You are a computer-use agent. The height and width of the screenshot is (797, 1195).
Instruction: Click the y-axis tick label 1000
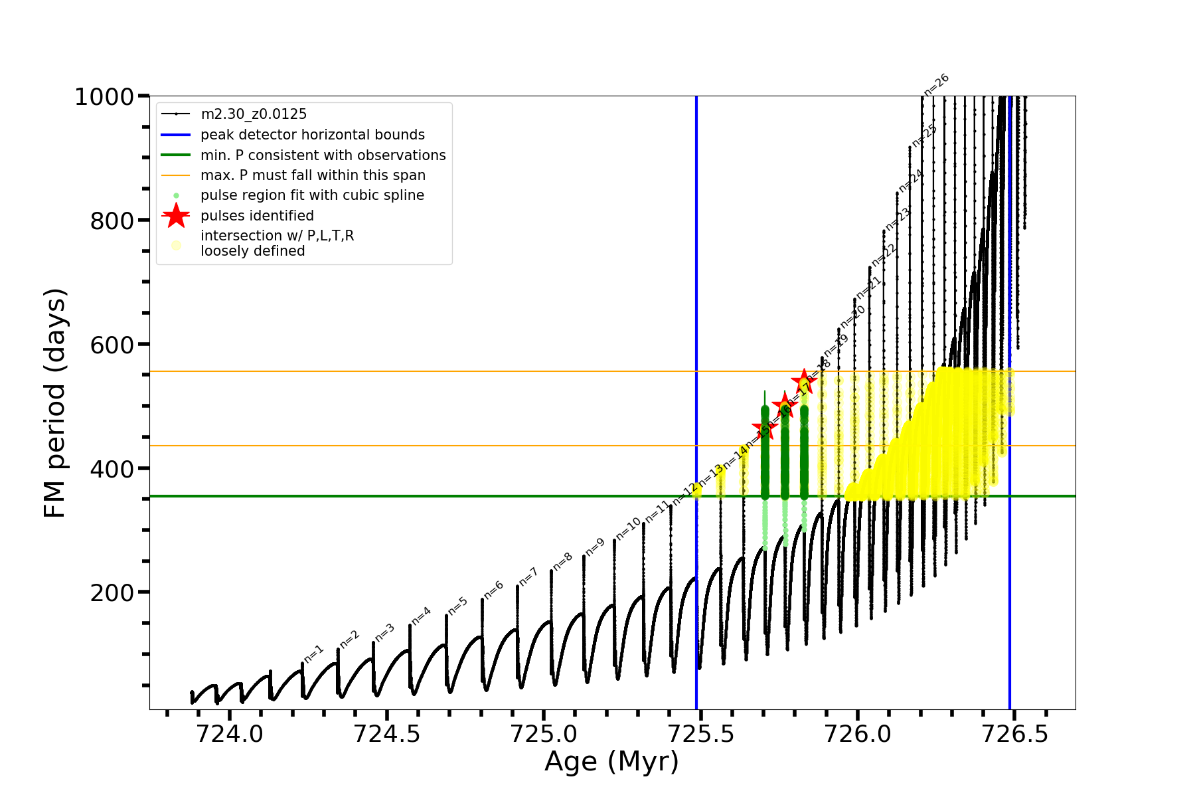(x=104, y=97)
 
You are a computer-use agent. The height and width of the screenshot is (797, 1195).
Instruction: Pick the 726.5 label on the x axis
(x=1014, y=734)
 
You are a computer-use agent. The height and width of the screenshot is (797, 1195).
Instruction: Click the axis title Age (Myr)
(x=611, y=762)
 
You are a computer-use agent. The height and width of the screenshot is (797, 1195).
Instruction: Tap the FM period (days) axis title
(x=54, y=403)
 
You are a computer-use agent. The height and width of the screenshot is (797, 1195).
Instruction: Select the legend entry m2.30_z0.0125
(x=254, y=114)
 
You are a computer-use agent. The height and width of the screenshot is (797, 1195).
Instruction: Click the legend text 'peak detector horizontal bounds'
(x=312, y=135)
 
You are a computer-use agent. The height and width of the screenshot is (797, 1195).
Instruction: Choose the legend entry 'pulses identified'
(x=257, y=216)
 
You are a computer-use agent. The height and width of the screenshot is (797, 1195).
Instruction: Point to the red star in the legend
(x=176, y=215)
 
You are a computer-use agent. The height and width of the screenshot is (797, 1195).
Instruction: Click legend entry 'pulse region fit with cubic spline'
(x=312, y=195)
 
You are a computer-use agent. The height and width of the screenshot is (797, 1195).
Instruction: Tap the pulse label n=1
(x=313, y=654)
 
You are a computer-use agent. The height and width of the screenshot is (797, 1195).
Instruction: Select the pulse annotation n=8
(x=562, y=561)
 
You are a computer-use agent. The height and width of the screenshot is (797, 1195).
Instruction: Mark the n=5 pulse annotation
(x=457, y=606)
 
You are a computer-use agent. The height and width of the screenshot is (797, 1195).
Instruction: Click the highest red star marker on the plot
(x=804, y=382)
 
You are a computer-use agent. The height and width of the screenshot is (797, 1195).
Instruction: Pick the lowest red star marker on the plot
(x=765, y=428)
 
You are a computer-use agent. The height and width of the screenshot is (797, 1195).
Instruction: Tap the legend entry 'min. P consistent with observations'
(x=323, y=155)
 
